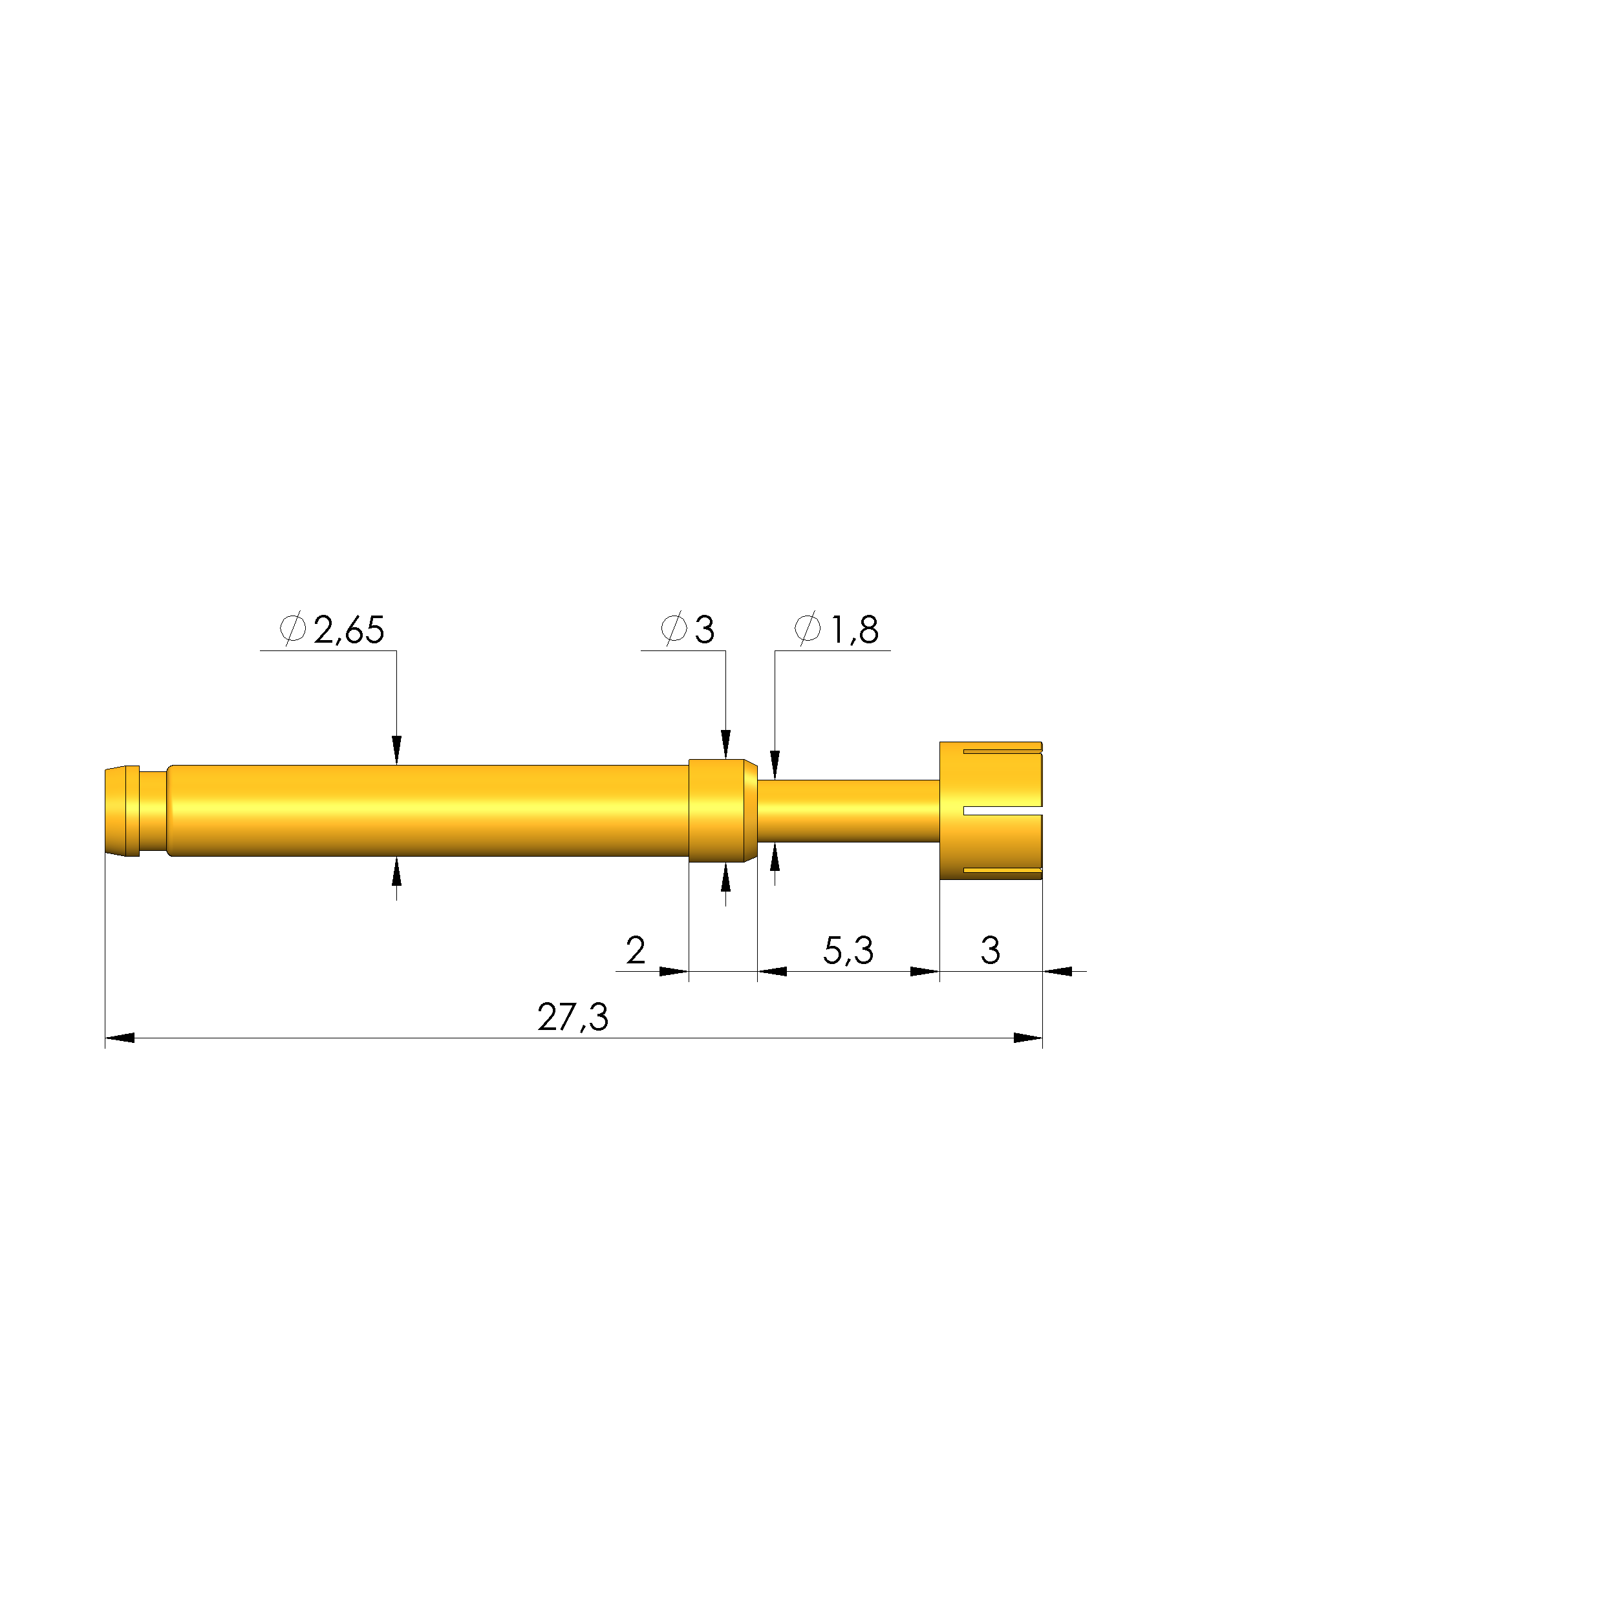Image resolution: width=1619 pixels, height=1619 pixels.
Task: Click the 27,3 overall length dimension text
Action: click(574, 1016)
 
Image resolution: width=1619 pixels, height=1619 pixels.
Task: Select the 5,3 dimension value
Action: click(848, 950)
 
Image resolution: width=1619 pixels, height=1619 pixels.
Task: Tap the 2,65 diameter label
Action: click(348, 630)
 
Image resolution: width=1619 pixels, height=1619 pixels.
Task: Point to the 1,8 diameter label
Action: click(854, 630)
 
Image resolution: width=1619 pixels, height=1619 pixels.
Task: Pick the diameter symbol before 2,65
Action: click(292, 629)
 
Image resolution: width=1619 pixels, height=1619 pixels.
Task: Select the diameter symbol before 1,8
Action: click(807, 629)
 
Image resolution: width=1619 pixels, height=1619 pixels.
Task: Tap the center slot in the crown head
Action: click(1002, 810)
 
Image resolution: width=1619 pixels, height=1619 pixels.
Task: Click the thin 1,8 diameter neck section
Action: click(848, 810)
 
